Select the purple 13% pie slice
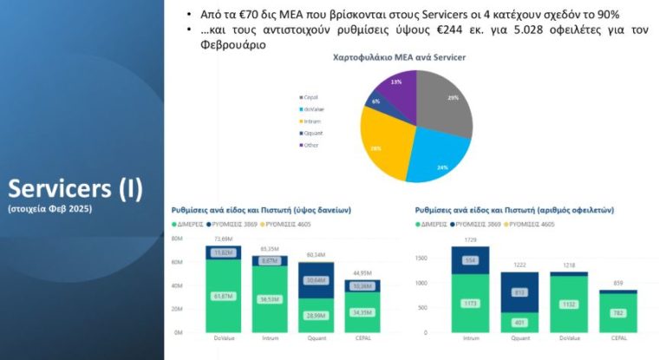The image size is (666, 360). click(395, 87)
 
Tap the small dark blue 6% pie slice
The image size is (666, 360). click(375, 101)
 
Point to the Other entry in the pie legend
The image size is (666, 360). click(310, 145)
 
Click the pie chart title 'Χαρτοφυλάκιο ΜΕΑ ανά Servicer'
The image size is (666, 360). click(399, 56)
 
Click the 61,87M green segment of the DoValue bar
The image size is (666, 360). click(223, 296)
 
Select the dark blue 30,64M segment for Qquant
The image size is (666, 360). click(316, 280)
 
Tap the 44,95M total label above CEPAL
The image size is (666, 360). click(361, 272)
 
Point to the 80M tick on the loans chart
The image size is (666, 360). click(177, 239)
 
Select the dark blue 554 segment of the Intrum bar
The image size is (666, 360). click(471, 260)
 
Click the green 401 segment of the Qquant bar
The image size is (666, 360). click(520, 323)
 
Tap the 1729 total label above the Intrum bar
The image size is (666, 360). click(471, 239)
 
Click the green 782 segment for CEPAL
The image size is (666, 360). click(618, 312)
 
